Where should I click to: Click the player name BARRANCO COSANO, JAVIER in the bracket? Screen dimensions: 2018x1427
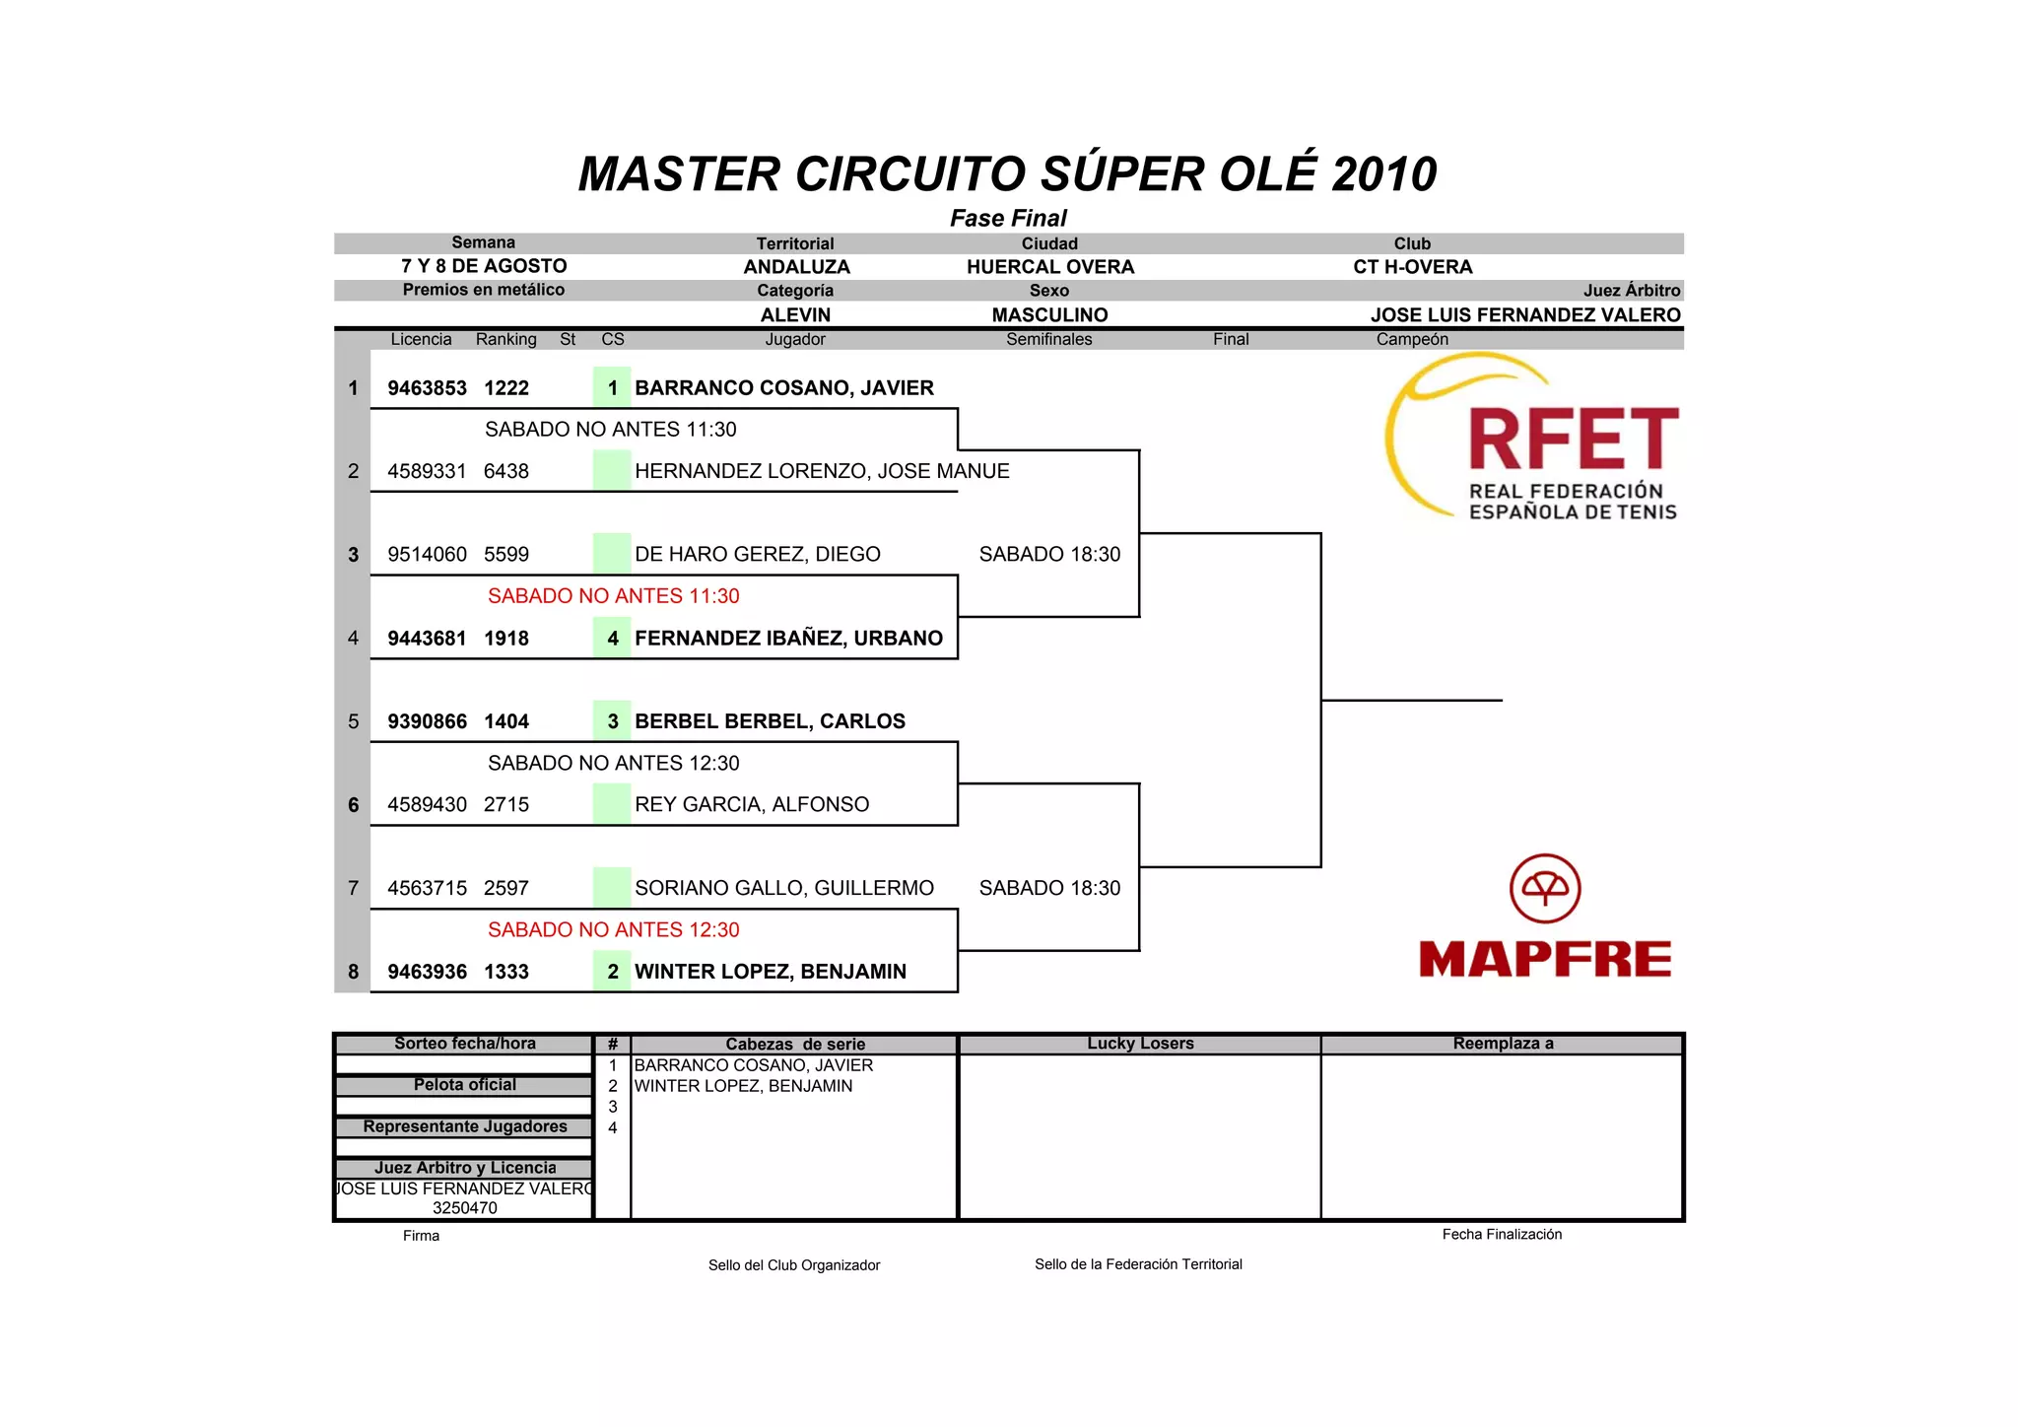783,388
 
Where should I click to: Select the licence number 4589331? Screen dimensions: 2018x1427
427,471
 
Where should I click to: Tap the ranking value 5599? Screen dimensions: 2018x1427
506,555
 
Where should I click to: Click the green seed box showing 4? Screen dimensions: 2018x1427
612,639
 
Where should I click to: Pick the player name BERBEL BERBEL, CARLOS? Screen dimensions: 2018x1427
770,721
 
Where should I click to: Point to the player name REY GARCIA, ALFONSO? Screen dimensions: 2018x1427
752,805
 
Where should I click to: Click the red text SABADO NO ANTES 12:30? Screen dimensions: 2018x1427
613,930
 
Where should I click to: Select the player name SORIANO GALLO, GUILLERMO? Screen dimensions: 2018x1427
784,888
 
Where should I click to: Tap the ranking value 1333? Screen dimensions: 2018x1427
506,972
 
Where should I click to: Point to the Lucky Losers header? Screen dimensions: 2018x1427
1140,1044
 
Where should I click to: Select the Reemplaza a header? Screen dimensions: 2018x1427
1503,1044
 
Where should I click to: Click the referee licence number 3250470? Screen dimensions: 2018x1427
465,1208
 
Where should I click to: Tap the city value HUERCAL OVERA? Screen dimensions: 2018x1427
1050,267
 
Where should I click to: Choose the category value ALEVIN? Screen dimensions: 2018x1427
795,315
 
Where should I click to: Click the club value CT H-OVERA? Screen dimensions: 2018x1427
1412,267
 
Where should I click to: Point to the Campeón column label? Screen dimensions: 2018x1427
1412,340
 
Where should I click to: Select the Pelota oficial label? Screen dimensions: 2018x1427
465,1085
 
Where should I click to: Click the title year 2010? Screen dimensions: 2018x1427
1384,174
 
